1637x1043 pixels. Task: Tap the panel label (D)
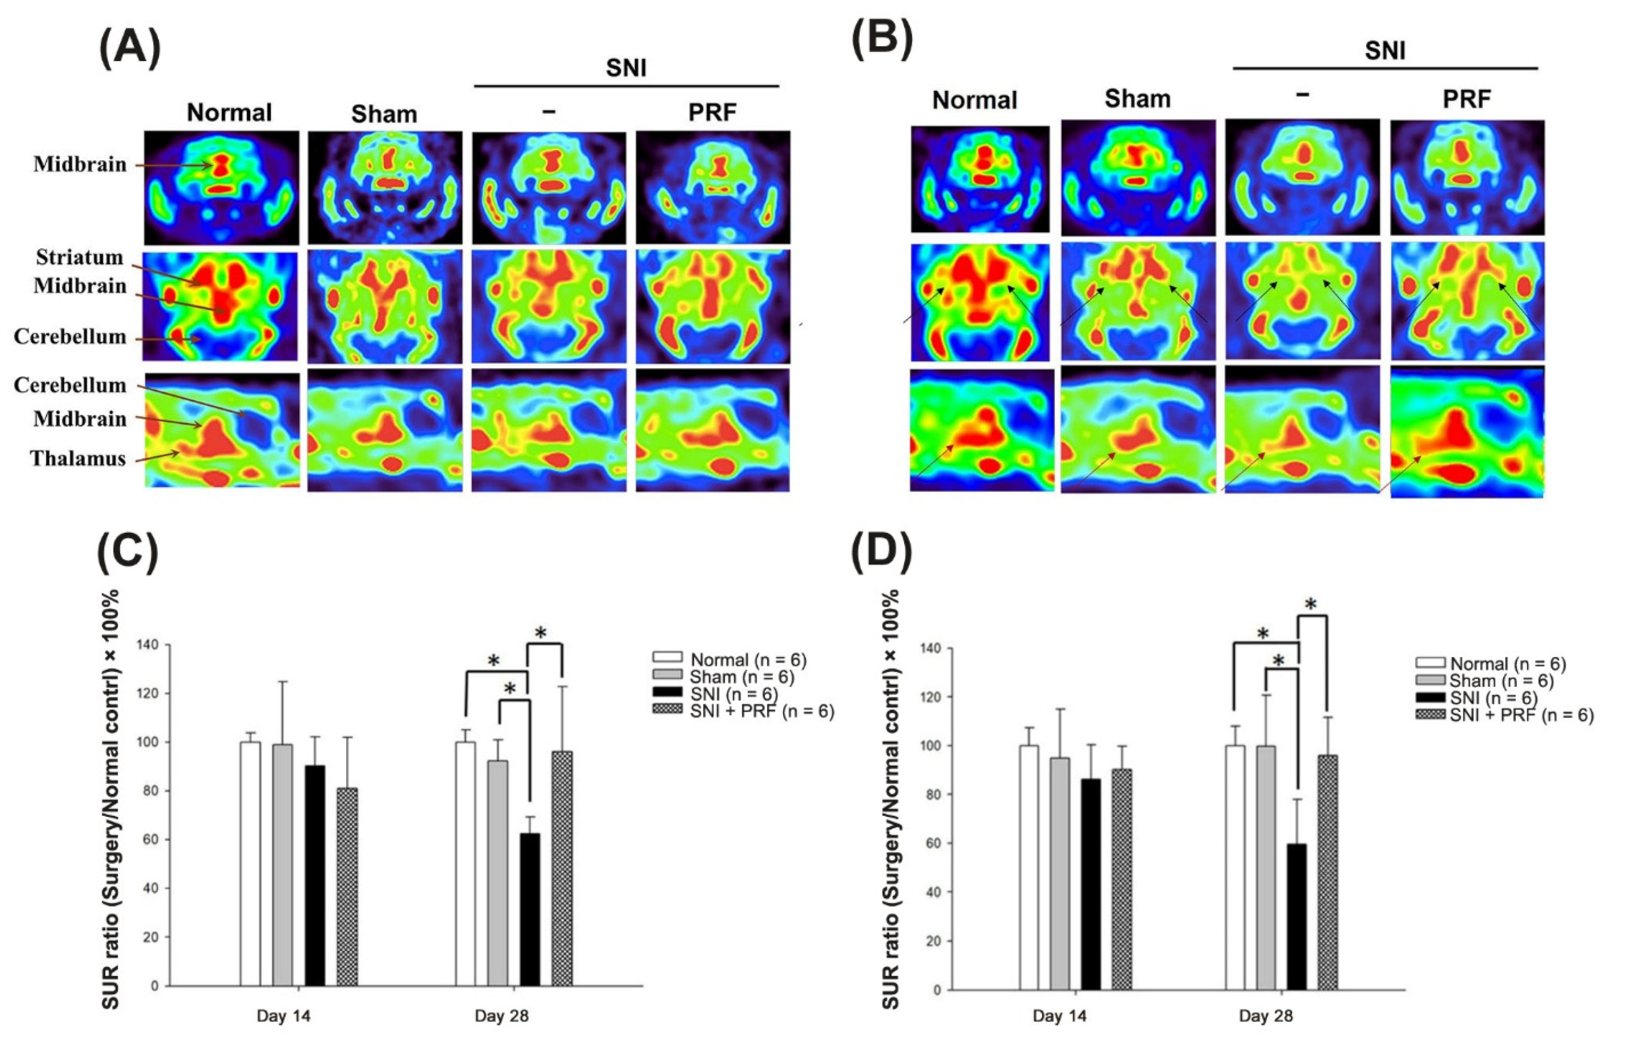882,551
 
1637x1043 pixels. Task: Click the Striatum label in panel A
80,257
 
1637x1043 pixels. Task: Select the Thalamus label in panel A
78,458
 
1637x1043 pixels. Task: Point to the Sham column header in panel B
1137,99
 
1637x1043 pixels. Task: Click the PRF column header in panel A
711,112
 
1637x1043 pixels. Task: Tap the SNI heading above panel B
1385,50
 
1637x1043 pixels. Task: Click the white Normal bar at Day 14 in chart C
250,864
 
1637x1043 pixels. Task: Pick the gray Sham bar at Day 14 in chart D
1060,874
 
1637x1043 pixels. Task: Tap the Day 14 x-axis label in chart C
283,1017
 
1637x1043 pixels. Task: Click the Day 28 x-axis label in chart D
1265,1017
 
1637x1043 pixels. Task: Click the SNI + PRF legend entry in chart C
743,711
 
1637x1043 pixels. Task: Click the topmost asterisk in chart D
1311,604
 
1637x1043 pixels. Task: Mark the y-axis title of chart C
111,799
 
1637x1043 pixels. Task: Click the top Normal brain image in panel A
221,188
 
